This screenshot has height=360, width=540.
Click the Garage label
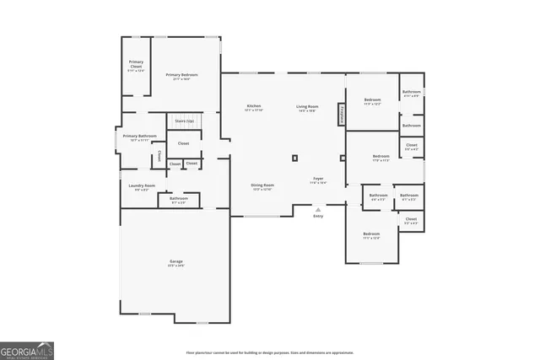175,261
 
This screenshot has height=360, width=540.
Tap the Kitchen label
254,106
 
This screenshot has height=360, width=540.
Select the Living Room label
306,106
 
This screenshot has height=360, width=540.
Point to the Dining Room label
262,185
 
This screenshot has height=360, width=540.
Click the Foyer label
319,179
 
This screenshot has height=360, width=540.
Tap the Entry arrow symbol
318,209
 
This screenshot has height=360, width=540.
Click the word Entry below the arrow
318,217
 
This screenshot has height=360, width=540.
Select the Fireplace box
342,115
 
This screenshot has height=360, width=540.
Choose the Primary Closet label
136,63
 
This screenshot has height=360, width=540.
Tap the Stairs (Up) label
184,121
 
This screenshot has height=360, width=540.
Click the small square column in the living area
294,158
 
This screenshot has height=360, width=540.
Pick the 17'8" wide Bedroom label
381,156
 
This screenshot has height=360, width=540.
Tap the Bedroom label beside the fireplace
372,100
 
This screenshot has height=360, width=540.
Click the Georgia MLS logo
27,348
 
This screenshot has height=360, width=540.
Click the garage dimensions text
175,266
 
